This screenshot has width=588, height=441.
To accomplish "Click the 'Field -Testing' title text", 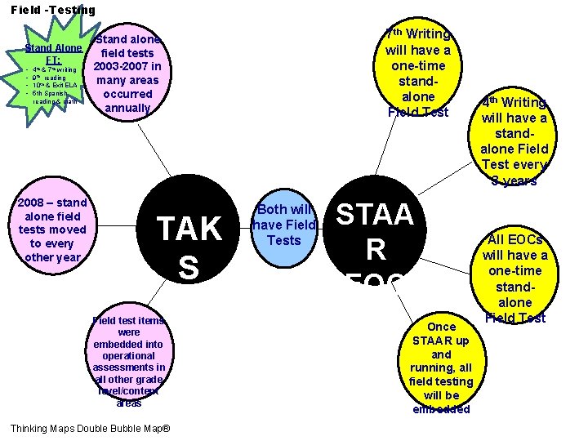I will (x=53, y=10).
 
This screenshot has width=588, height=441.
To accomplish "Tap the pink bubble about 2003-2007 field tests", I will (x=128, y=73).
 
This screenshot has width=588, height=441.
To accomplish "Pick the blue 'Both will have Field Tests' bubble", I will (x=284, y=221).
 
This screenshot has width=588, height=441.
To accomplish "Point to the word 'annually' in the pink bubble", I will (x=128, y=108).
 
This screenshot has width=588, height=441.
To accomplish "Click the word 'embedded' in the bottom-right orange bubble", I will (x=442, y=408).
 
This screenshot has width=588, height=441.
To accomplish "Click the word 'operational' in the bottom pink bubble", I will (x=129, y=355).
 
